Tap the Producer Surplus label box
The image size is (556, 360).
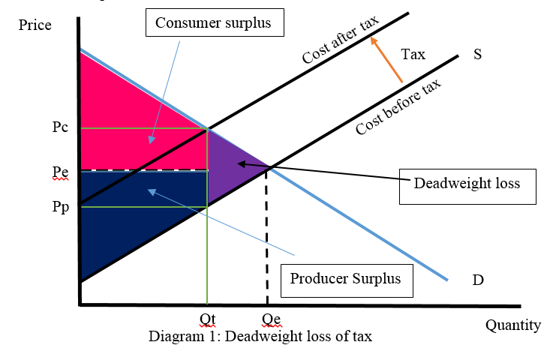pyautogui.click(x=346, y=278)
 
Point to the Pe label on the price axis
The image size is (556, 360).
pyautogui.click(x=61, y=171)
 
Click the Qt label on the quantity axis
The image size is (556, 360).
pyautogui.click(x=208, y=319)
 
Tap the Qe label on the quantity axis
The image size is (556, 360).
pyautogui.click(x=272, y=319)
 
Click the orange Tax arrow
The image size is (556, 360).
pyautogui.click(x=388, y=60)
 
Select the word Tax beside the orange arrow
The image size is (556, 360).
pyautogui.click(x=413, y=54)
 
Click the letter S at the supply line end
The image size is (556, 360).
pyautogui.click(x=477, y=54)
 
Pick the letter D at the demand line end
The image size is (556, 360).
pyautogui.click(x=477, y=280)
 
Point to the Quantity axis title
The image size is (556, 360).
pyautogui.click(x=512, y=325)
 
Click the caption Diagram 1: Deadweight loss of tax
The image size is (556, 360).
pyautogui.click(x=260, y=336)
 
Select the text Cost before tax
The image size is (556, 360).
pyautogui.click(x=398, y=106)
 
